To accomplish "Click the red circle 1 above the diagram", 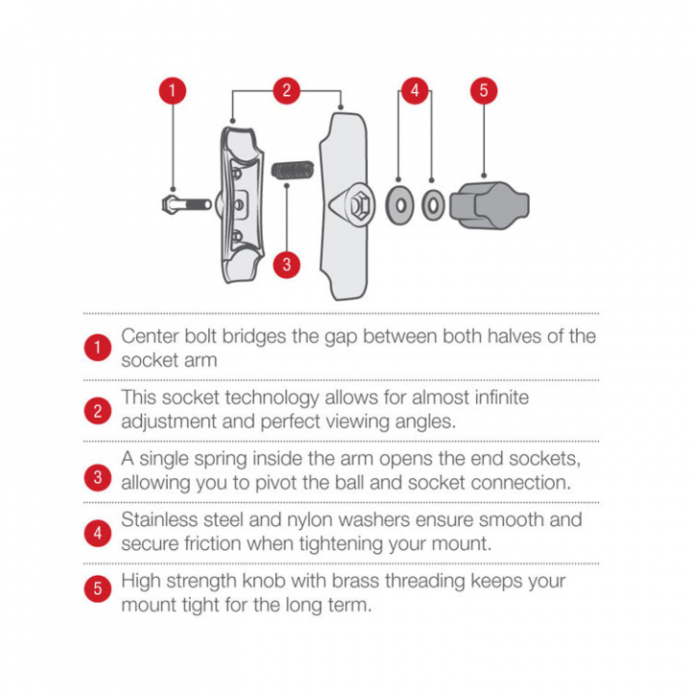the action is pyautogui.click(x=173, y=91).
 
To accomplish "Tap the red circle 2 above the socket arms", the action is pyautogui.click(x=286, y=91).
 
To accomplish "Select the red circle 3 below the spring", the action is pyautogui.click(x=286, y=265).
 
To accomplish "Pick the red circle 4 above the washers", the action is pyautogui.click(x=415, y=91).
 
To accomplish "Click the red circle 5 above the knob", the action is pyautogui.click(x=484, y=91).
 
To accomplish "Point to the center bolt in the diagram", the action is pyautogui.click(x=187, y=205).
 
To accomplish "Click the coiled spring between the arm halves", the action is pyautogui.click(x=293, y=170).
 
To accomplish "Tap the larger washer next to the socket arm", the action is pyautogui.click(x=399, y=205).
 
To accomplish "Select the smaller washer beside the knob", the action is pyautogui.click(x=433, y=205).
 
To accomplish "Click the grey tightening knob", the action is pyautogui.click(x=489, y=205).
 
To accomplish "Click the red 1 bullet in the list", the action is pyautogui.click(x=97, y=347).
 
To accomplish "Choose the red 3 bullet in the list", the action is pyautogui.click(x=97, y=477).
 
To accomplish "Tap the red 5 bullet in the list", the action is pyautogui.click(x=97, y=588).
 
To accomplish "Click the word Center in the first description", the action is pyautogui.click(x=150, y=336).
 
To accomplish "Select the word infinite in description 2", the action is pyautogui.click(x=502, y=397).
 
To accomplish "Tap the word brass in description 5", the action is pyautogui.click(x=356, y=581).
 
